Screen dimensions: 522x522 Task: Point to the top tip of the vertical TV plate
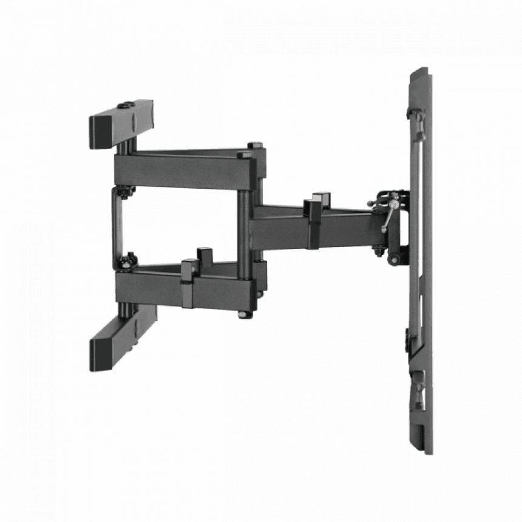point(419,71)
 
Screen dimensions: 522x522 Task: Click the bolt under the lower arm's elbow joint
point(244,314)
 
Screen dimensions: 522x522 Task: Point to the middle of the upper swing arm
point(182,167)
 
